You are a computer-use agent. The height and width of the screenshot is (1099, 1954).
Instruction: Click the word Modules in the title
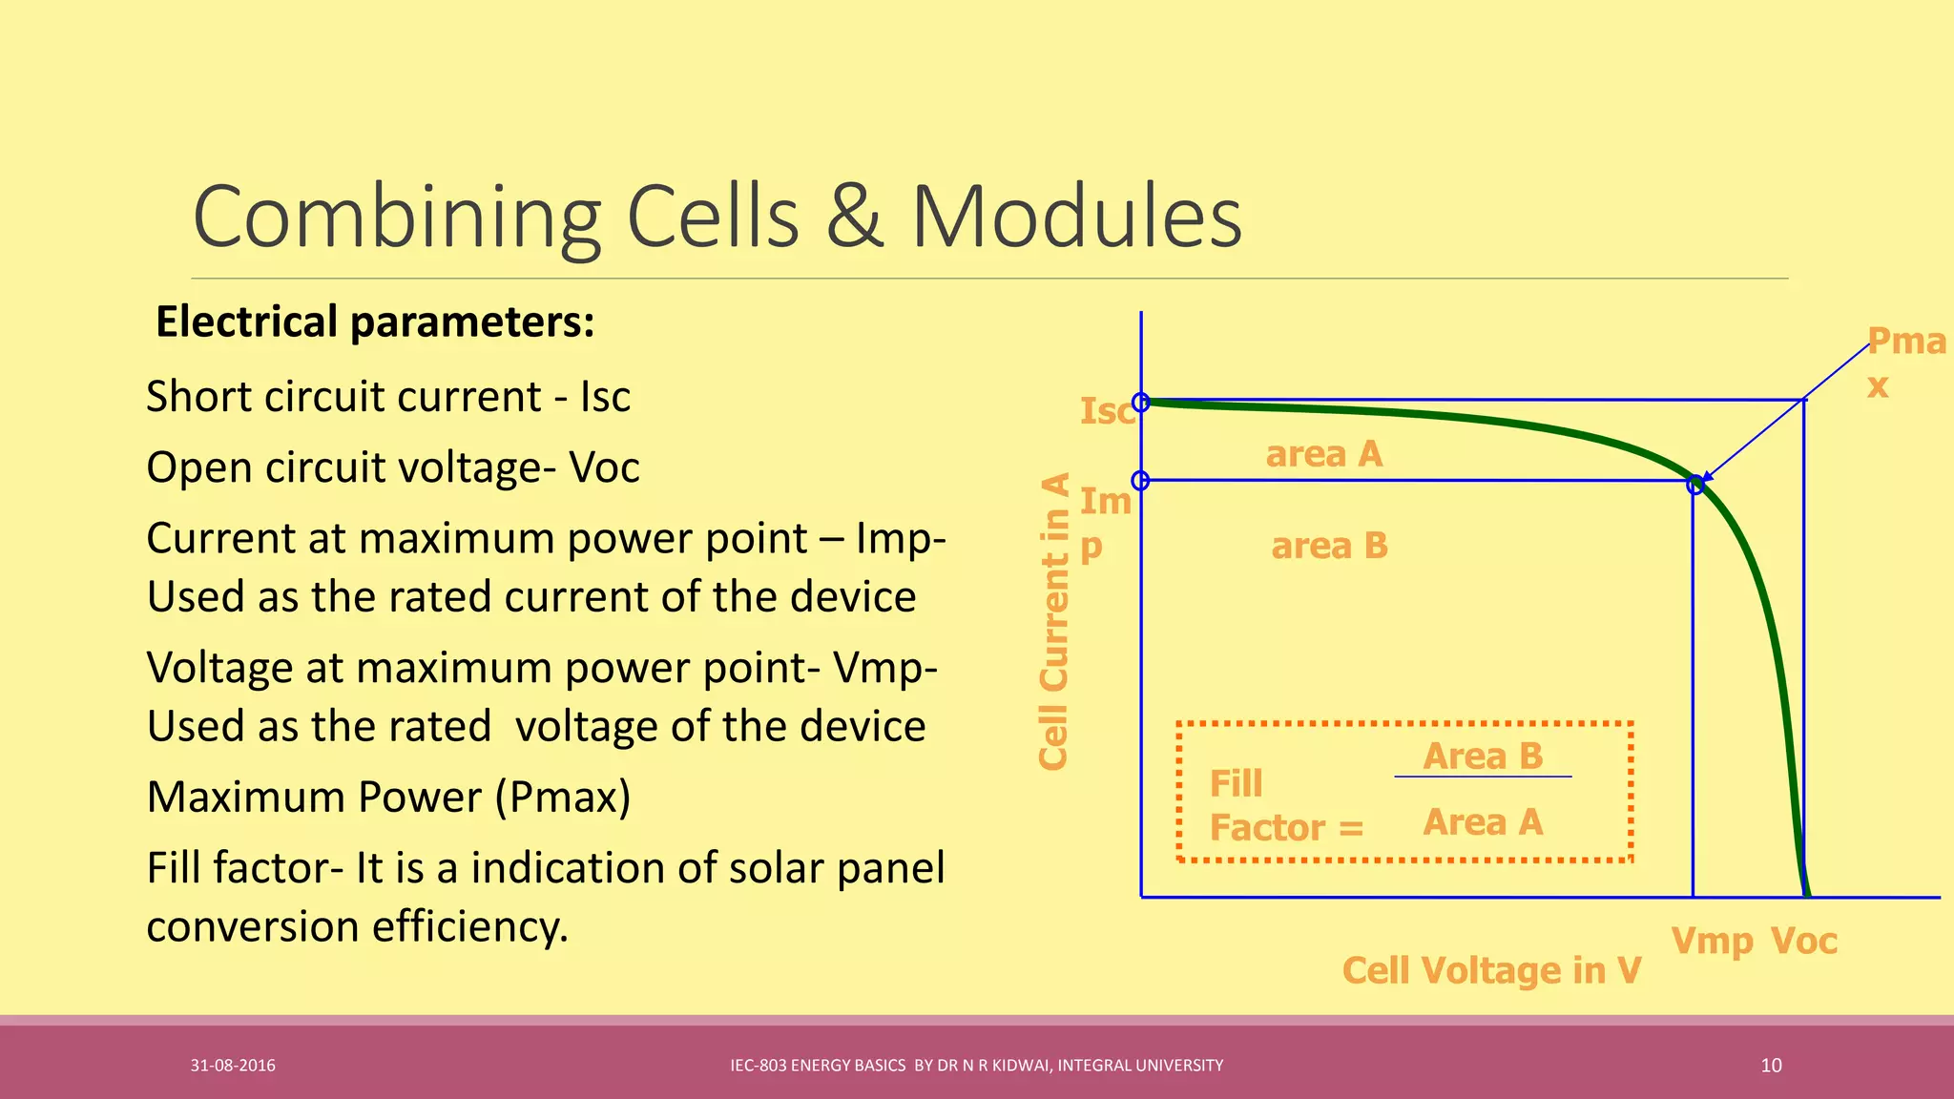coord(1076,218)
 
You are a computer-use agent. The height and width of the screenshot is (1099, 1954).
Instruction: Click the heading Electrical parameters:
coord(375,321)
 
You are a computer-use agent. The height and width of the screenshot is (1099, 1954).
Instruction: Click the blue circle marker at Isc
coord(1141,403)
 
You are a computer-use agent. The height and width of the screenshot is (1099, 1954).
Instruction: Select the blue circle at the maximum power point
coord(1694,485)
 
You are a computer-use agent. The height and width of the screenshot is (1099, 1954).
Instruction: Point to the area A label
coord(1324,454)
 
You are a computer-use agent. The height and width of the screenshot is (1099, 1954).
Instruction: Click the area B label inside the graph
coord(1329,546)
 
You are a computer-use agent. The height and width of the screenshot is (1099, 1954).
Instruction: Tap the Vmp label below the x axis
coord(1712,941)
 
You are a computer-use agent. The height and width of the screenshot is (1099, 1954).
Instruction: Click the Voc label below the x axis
coord(1803,941)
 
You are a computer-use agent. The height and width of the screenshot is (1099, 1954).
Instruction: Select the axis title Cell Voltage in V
coord(1491,970)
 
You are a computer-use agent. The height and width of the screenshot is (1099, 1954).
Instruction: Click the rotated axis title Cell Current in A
coord(1053,621)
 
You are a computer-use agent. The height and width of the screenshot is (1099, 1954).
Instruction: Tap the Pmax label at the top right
coord(1904,363)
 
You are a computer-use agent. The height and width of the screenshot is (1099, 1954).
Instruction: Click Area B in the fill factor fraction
coord(1483,756)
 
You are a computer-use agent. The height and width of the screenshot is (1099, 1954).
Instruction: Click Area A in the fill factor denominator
coord(1483,821)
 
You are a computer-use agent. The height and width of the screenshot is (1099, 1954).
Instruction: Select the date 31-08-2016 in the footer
coord(233,1066)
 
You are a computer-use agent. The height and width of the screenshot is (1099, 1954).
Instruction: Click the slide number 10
coord(1771,1066)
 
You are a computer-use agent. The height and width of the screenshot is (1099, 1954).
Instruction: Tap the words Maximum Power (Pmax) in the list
coord(388,797)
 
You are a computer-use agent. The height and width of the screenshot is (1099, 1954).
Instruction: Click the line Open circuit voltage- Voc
coord(392,467)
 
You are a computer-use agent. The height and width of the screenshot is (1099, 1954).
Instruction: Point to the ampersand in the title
coord(855,218)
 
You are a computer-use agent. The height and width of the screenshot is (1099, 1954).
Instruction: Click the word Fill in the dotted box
coord(1236,783)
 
